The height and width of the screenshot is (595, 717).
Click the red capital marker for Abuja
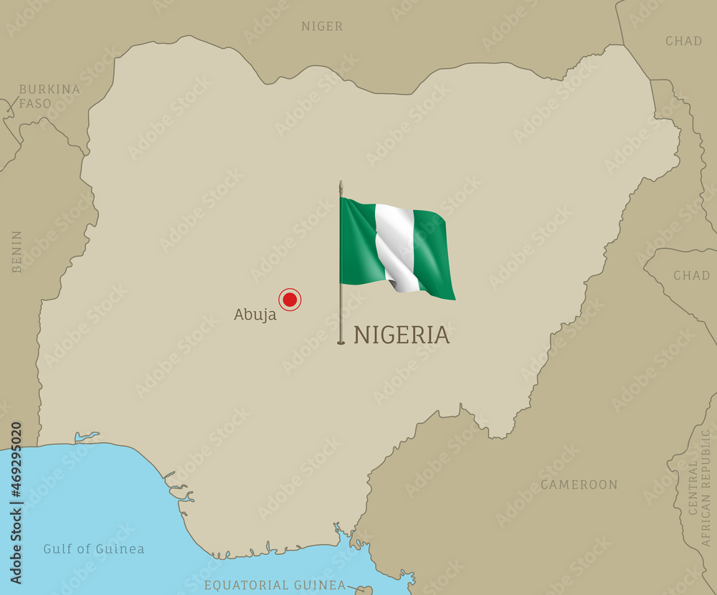tap(290, 300)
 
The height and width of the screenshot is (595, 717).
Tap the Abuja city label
tap(255, 315)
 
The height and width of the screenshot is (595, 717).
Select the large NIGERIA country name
tap(402, 335)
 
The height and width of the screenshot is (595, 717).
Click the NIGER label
tap(322, 27)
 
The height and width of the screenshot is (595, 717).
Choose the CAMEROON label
tap(579, 485)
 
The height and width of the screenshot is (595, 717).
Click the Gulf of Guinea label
tap(93, 549)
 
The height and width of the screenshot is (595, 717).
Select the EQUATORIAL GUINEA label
tap(275, 585)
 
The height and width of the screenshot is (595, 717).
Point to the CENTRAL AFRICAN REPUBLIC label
tap(699, 487)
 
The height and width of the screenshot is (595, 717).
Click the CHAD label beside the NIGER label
tap(683, 41)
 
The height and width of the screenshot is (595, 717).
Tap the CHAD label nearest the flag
tap(691, 275)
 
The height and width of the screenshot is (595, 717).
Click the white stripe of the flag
tap(395, 247)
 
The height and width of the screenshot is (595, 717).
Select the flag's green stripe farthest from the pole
tap(434, 254)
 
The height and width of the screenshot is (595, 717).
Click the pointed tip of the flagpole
tap(341, 184)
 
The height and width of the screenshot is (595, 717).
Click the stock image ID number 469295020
tap(16, 502)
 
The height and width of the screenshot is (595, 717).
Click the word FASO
tap(35, 103)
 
